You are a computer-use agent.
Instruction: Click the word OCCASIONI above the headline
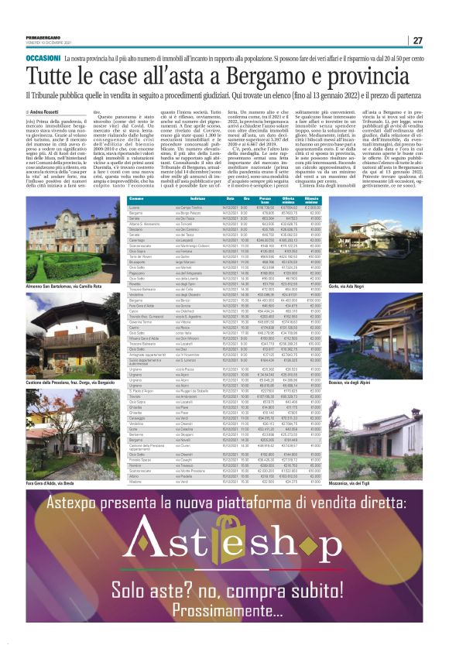click(x=43, y=59)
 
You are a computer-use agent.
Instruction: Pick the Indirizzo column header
click(x=197, y=200)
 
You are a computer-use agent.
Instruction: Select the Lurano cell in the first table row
click(x=135, y=208)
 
